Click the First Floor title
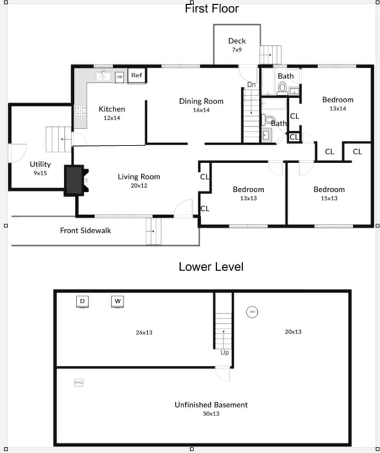click(x=212, y=9)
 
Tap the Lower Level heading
click(x=210, y=267)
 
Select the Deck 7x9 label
click(x=237, y=45)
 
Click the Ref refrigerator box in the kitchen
click(x=136, y=75)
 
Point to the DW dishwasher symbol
click(x=119, y=77)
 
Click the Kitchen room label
click(x=112, y=113)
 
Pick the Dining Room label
click(x=201, y=105)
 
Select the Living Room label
click(x=139, y=181)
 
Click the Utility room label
click(x=41, y=168)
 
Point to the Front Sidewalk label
click(x=85, y=230)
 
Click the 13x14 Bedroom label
click(x=337, y=103)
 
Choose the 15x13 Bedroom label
click(x=329, y=193)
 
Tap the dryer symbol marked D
click(x=82, y=302)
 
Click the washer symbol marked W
click(x=118, y=302)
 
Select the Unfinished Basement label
click(x=211, y=408)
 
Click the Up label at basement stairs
click(x=224, y=352)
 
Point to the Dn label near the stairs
click(x=251, y=85)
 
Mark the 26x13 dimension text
click(x=144, y=332)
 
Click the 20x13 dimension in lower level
click(x=293, y=332)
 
